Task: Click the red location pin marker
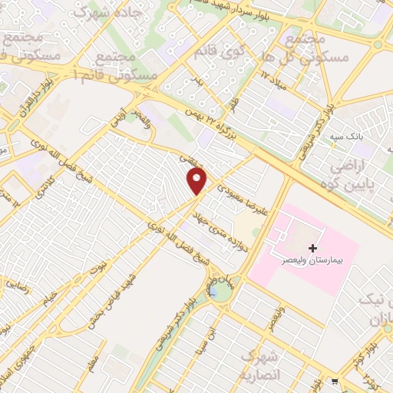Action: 197,181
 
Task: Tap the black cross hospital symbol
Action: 312,248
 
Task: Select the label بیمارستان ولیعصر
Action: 309,263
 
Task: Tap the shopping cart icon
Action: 334,381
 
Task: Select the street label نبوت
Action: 98,266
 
